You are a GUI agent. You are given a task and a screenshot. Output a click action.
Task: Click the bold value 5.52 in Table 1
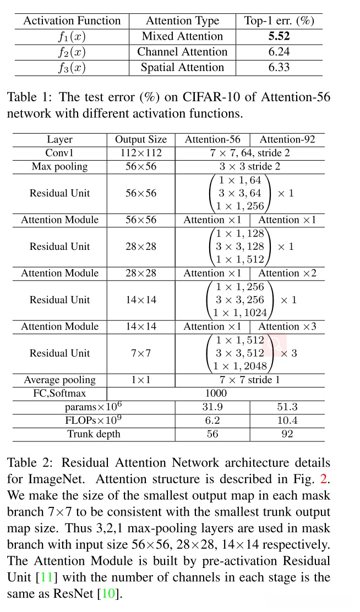pos(279,36)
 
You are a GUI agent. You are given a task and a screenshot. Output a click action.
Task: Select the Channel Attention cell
pos(182,52)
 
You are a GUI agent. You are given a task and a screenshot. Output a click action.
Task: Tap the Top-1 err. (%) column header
pos(279,21)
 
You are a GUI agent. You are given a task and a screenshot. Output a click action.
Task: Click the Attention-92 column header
pos(287,139)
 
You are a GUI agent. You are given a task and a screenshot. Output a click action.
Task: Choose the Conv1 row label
pos(60,152)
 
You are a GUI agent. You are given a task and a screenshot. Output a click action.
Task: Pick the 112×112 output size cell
pos(141,152)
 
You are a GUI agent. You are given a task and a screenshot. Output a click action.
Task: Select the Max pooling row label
pos(60,166)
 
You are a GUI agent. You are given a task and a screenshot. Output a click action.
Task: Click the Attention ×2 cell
pos(287,273)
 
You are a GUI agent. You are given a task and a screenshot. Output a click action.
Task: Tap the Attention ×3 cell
pos(287,326)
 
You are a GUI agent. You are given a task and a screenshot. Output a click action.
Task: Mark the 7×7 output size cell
pos(141,353)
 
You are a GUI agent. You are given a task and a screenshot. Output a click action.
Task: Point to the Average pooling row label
pos(60,380)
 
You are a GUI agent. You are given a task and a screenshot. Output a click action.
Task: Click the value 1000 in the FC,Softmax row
pos(215,394)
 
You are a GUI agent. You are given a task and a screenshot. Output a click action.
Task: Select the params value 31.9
pos(212,407)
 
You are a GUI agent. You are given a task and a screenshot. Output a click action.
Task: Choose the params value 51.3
pos(287,407)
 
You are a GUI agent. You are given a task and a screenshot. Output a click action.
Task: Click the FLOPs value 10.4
pos(287,420)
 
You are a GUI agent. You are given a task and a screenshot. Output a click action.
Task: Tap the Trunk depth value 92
pos(287,434)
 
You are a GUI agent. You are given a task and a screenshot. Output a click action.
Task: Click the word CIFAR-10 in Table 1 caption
pos(186,97)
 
